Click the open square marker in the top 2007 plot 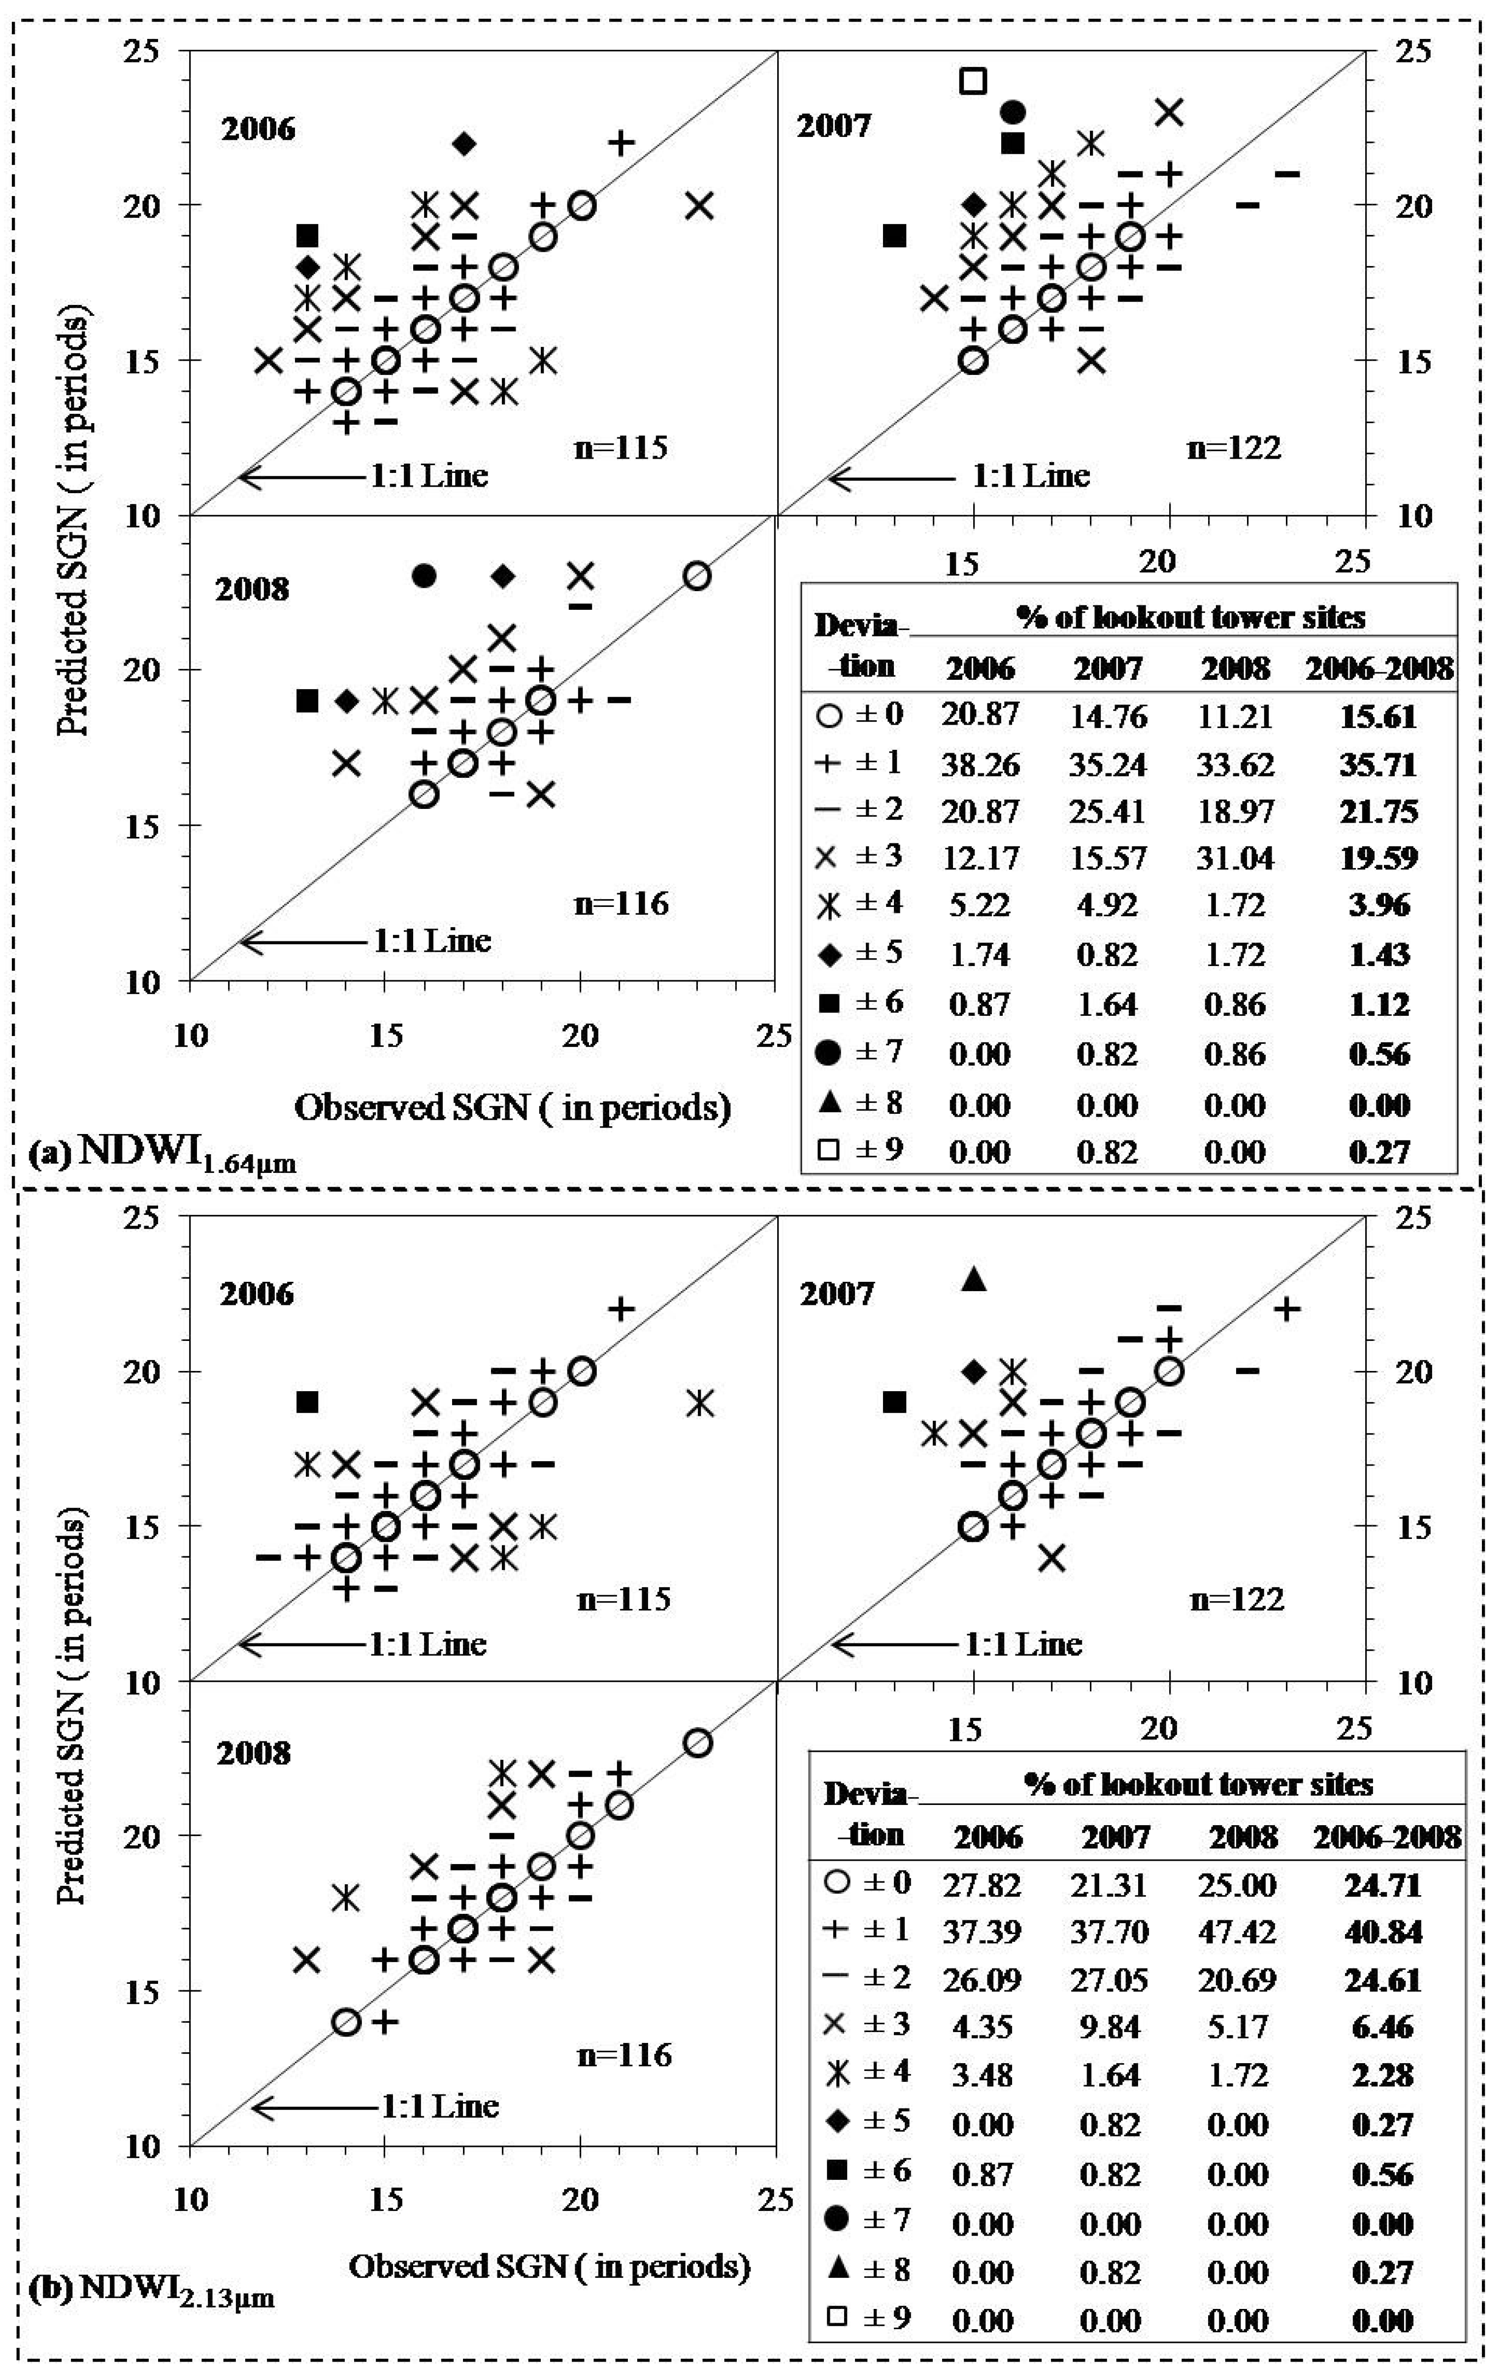pyautogui.click(x=973, y=81)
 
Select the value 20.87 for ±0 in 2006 pyautogui.click(x=980, y=715)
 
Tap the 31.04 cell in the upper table pyautogui.click(x=1235, y=858)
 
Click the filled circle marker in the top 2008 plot pyautogui.click(x=425, y=575)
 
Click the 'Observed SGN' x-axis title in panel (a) pyautogui.click(x=512, y=1108)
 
